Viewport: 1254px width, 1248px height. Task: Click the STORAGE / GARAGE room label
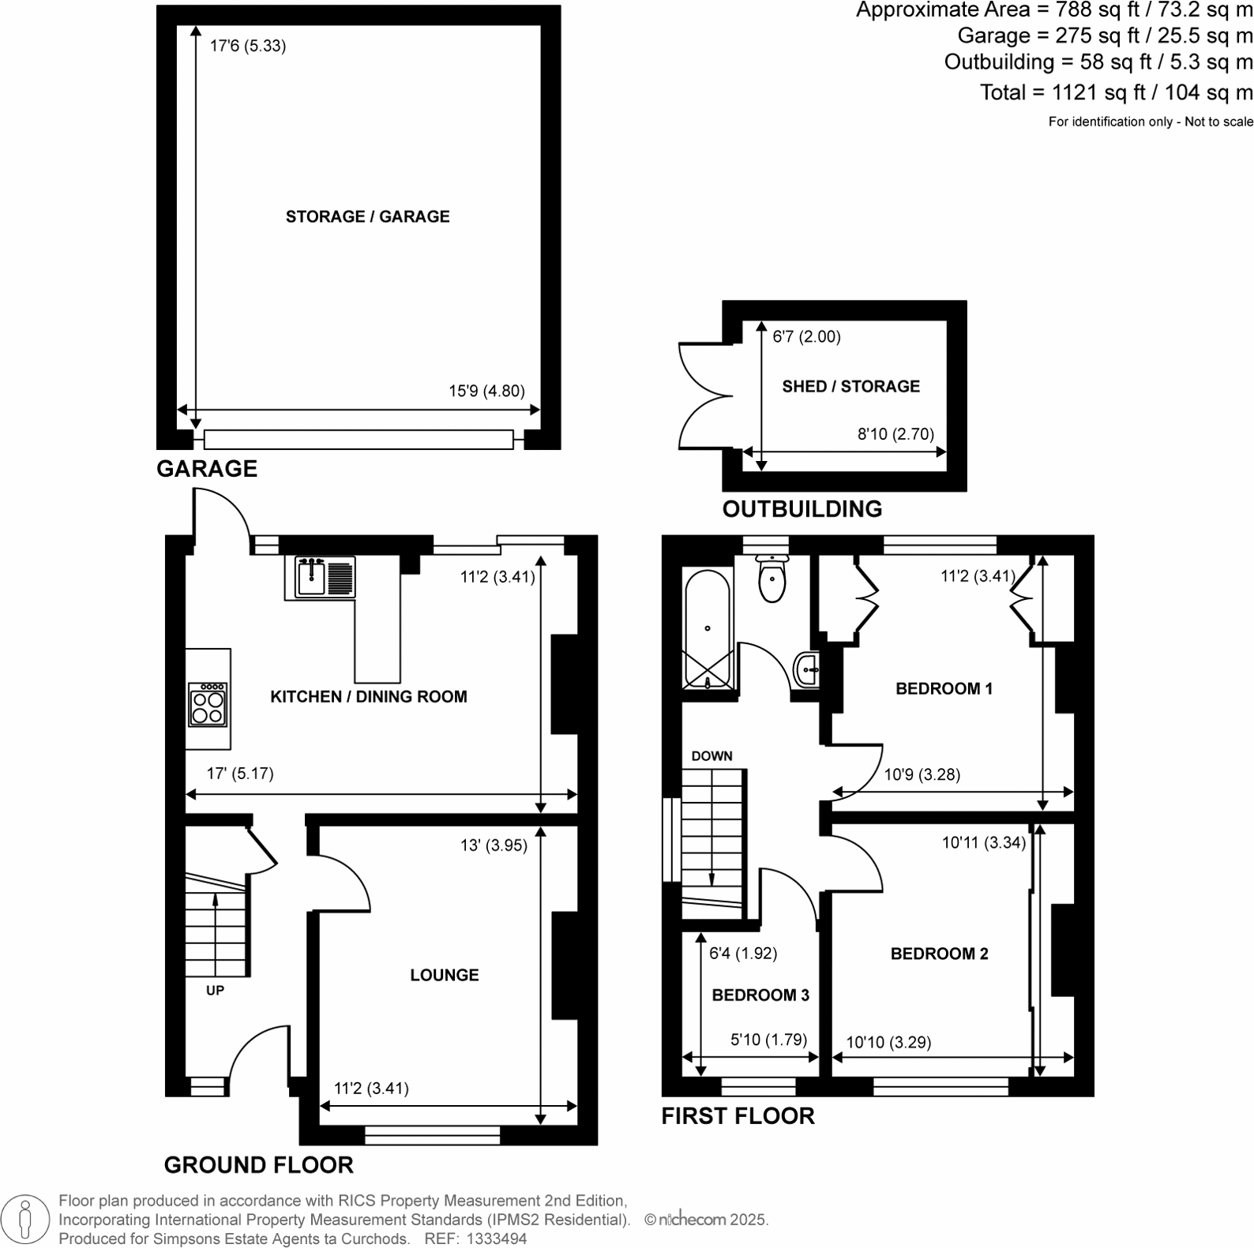tap(367, 216)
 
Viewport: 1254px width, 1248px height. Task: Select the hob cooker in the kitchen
tap(208, 704)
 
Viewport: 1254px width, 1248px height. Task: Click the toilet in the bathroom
tap(772, 579)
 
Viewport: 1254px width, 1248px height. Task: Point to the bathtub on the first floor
tap(708, 628)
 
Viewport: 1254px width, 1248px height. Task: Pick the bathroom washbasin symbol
tap(807, 670)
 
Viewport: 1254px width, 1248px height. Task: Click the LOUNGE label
tap(444, 975)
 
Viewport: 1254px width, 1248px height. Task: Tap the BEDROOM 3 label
tap(760, 995)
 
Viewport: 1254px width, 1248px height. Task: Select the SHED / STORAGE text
tap(850, 386)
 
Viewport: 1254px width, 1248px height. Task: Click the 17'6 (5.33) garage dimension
tap(247, 46)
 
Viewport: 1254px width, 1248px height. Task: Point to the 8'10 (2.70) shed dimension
tap(895, 433)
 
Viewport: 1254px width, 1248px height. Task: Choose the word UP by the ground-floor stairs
tap(215, 990)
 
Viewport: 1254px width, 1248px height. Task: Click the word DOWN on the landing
tap(711, 755)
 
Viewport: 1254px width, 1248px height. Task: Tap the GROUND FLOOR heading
tap(258, 1164)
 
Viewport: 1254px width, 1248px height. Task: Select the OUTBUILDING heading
tap(802, 508)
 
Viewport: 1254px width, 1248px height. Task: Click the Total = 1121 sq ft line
tap(1116, 92)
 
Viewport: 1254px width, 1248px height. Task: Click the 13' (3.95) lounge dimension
tap(494, 845)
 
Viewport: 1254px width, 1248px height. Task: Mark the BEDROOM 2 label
tap(939, 954)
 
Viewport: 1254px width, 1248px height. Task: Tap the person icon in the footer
tap(26, 1220)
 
